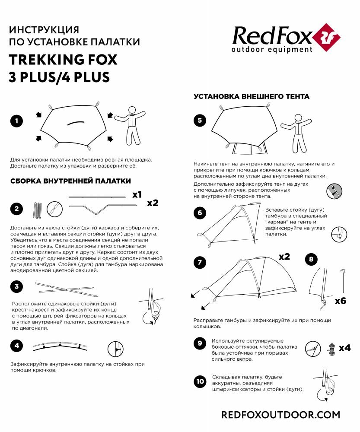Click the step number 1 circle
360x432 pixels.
click(x=17, y=121)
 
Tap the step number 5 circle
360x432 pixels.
click(x=200, y=121)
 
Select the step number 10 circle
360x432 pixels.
click(x=200, y=381)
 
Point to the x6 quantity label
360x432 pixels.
click(x=341, y=301)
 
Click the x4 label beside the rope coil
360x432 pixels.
click(x=344, y=348)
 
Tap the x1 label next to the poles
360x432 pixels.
click(x=137, y=194)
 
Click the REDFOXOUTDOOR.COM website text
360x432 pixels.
click(x=280, y=415)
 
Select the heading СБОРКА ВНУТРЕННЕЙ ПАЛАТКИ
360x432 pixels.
click(x=70, y=181)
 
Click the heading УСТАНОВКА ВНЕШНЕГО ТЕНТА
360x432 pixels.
click(x=252, y=96)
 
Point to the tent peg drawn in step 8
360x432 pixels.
click(x=343, y=281)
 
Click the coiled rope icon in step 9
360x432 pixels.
click(x=331, y=349)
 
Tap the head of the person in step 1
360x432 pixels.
click(x=132, y=110)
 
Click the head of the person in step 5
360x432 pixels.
click(x=298, y=118)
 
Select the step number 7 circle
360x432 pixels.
click(x=200, y=262)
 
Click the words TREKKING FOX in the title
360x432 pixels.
click(x=63, y=60)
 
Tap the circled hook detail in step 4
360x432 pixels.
click(x=115, y=349)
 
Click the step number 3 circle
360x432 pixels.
click(x=17, y=286)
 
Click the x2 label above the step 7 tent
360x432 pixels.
click(x=284, y=257)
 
